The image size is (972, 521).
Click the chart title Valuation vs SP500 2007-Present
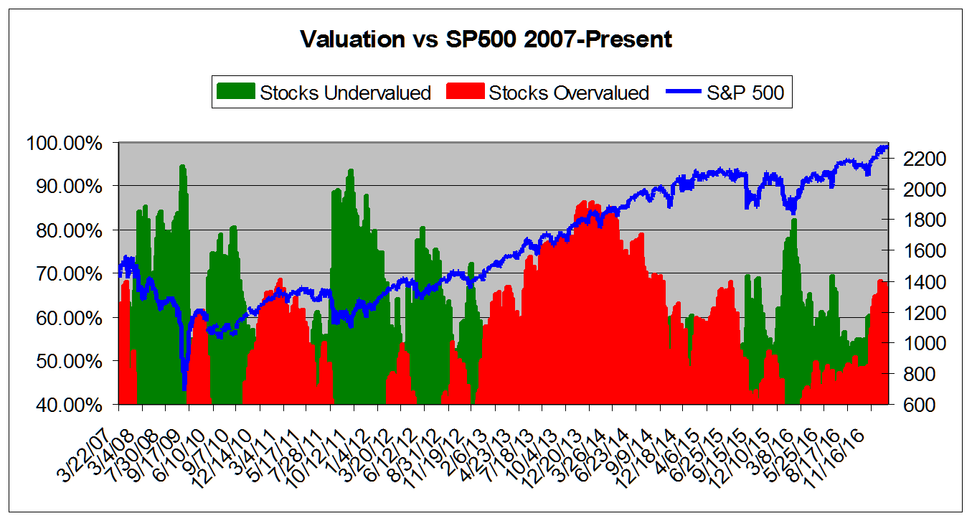[x=486, y=39]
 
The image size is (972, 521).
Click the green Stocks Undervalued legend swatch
[x=236, y=93]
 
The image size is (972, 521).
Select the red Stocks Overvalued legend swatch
[x=465, y=93]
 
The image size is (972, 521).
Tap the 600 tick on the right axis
[x=905, y=405]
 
